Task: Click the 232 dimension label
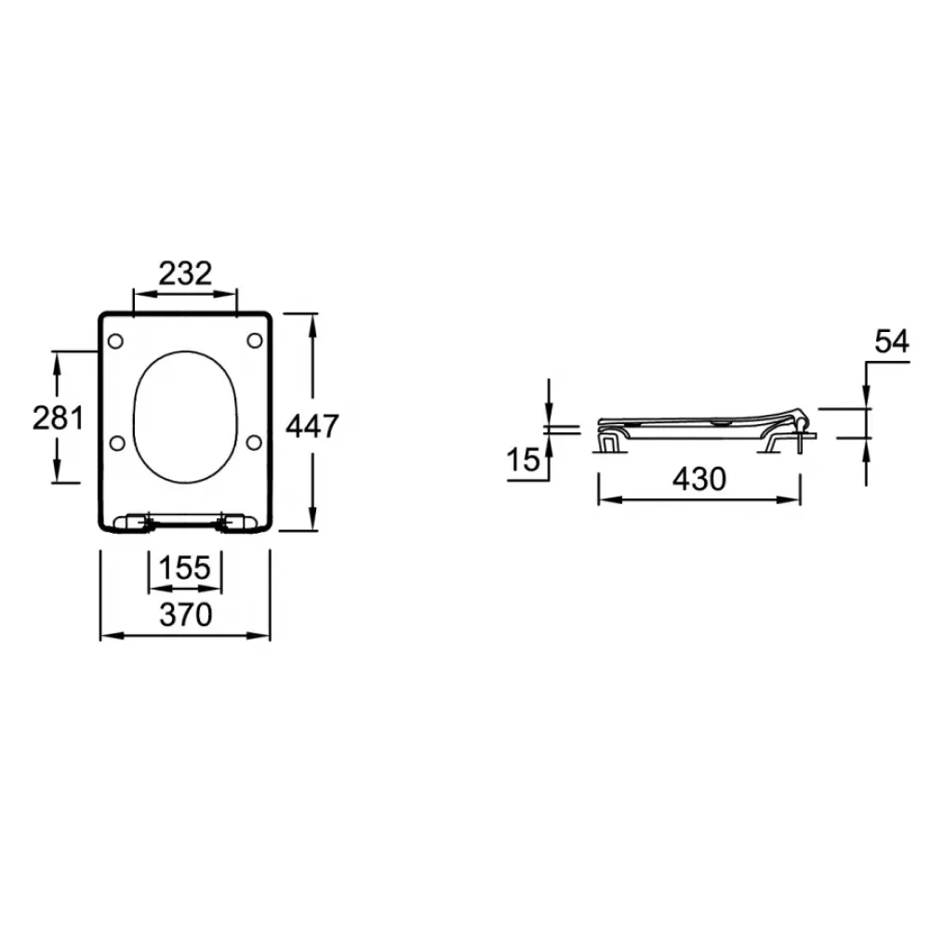(185, 273)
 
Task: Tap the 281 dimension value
(58, 418)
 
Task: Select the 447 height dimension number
(312, 426)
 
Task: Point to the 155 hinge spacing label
(184, 567)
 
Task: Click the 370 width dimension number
(186, 615)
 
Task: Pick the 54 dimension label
(892, 341)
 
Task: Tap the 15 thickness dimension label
(523, 459)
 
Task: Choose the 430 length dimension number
(699, 479)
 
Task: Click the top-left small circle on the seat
(115, 341)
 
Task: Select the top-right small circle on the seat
(255, 340)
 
